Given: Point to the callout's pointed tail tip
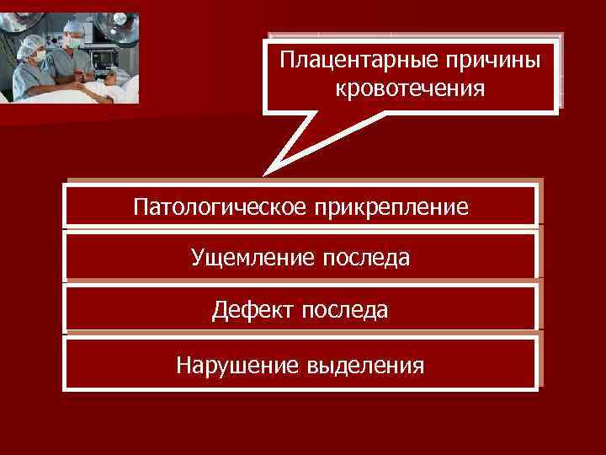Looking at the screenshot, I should (264, 175).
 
